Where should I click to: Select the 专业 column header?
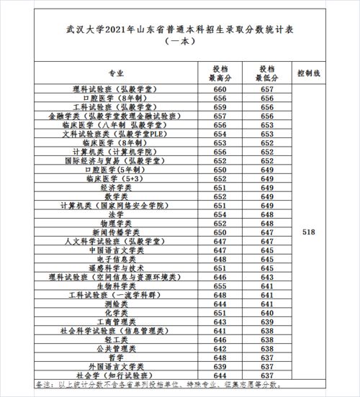(x=115, y=73)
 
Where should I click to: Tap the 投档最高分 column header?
(x=216, y=73)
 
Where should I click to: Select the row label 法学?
(x=115, y=214)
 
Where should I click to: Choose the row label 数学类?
(x=115, y=196)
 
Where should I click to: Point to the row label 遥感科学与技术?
(x=115, y=268)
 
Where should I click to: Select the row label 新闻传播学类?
(x=115, y=232)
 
